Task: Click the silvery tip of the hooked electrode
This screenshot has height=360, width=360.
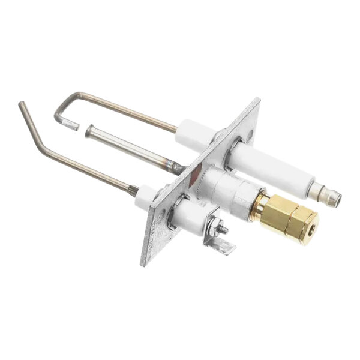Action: pos(72,126)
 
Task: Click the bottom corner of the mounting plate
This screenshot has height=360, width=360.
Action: pos(144,264)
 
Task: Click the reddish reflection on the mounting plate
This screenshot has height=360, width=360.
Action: pos(193,174)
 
